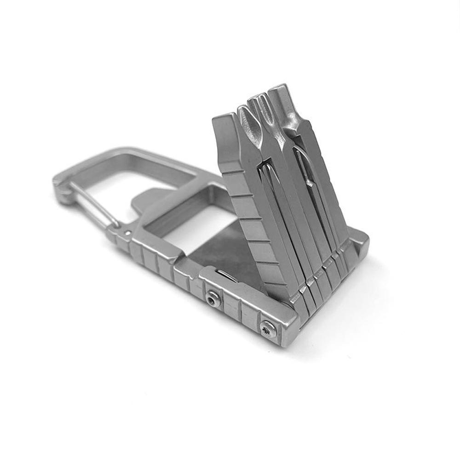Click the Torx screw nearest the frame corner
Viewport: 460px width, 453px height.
(x=267, y=328)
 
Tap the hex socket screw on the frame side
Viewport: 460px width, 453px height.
(x=212, y=300)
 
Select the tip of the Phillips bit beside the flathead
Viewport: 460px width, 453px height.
(x=244, y=110)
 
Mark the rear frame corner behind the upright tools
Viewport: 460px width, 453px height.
(x=361, y=239)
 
